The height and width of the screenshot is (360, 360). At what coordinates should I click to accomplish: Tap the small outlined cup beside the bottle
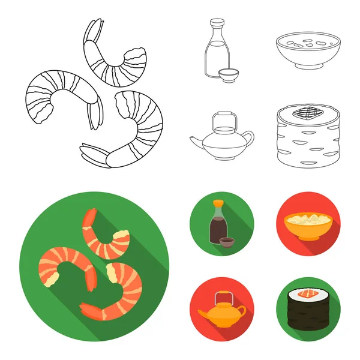[229, 77]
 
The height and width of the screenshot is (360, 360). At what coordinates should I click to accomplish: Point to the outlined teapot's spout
[194, 142]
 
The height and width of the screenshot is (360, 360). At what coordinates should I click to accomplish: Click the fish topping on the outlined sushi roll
[305, 111]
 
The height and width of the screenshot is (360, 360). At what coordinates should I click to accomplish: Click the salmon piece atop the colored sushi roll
[305, 294]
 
